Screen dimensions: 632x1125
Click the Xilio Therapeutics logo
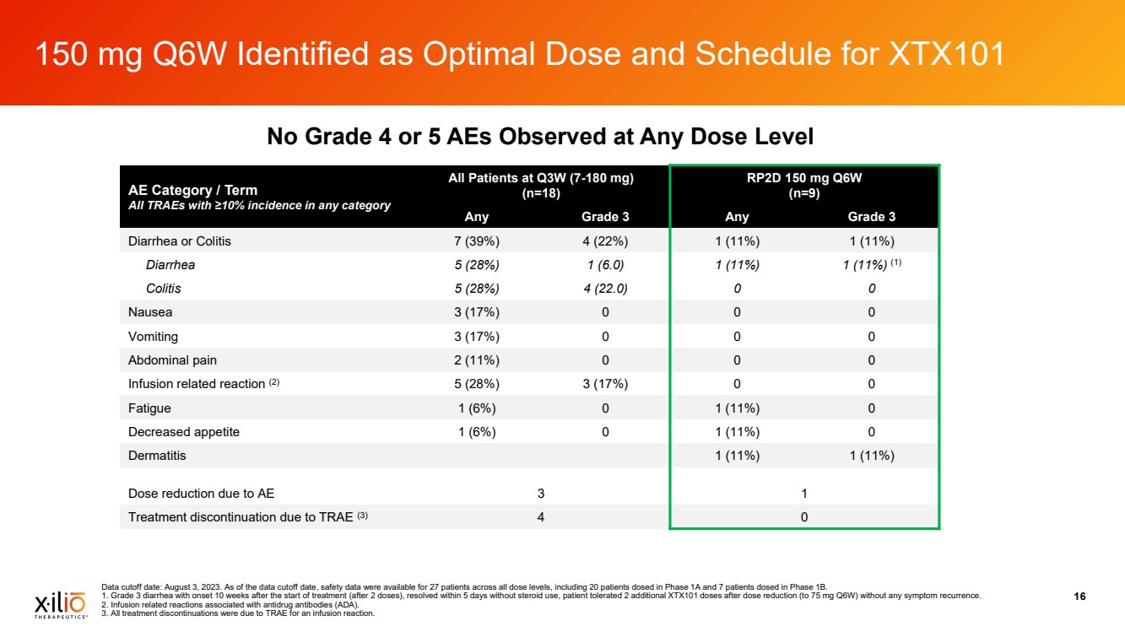[x=59, y=605]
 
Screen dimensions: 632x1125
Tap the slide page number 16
[x=1079, y=597]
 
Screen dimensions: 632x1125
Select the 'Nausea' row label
[x=150, y=312]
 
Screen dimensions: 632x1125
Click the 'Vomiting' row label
[x=153, y=337]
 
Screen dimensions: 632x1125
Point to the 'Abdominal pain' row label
[x=172, y=360]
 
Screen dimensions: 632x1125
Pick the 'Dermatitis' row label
[x=157, y=456]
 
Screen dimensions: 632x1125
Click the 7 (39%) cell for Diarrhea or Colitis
[x=476, y=241]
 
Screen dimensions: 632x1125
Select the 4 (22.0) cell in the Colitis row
[x=604, y=289]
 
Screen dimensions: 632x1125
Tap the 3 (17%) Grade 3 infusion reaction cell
[x=604, y=384]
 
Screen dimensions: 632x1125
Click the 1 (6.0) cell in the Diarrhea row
[x=604, y=265]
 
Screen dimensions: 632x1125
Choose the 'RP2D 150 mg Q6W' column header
[x=803, y=177]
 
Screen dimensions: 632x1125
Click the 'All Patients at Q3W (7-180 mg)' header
[x=541, y=177]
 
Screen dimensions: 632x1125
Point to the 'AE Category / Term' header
[x=192, y=191]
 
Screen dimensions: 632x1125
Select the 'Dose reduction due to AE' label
[x=201, y=493]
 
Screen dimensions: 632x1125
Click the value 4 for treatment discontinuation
[x=540, y=516]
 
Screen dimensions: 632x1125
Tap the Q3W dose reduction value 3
[x=540, y=493]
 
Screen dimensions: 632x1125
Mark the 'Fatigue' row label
[x=149, y=408]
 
